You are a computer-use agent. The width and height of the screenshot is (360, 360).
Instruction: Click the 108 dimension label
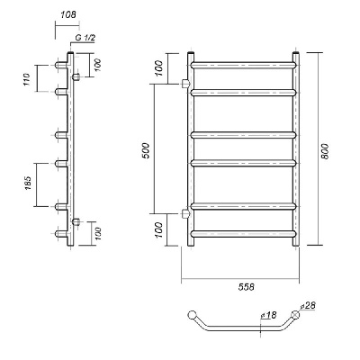68,14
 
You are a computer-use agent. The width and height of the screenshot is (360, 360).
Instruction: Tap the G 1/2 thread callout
85,38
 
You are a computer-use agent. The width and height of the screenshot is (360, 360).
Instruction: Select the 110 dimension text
27,79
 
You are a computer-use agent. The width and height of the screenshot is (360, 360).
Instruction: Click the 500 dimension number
146,151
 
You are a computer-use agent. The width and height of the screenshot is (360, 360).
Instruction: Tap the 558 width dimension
247,287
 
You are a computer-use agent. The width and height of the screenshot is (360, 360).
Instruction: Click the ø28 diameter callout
308,306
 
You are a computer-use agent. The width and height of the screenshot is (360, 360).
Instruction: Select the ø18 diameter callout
268,315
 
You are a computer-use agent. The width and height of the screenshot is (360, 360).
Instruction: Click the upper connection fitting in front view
185,84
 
